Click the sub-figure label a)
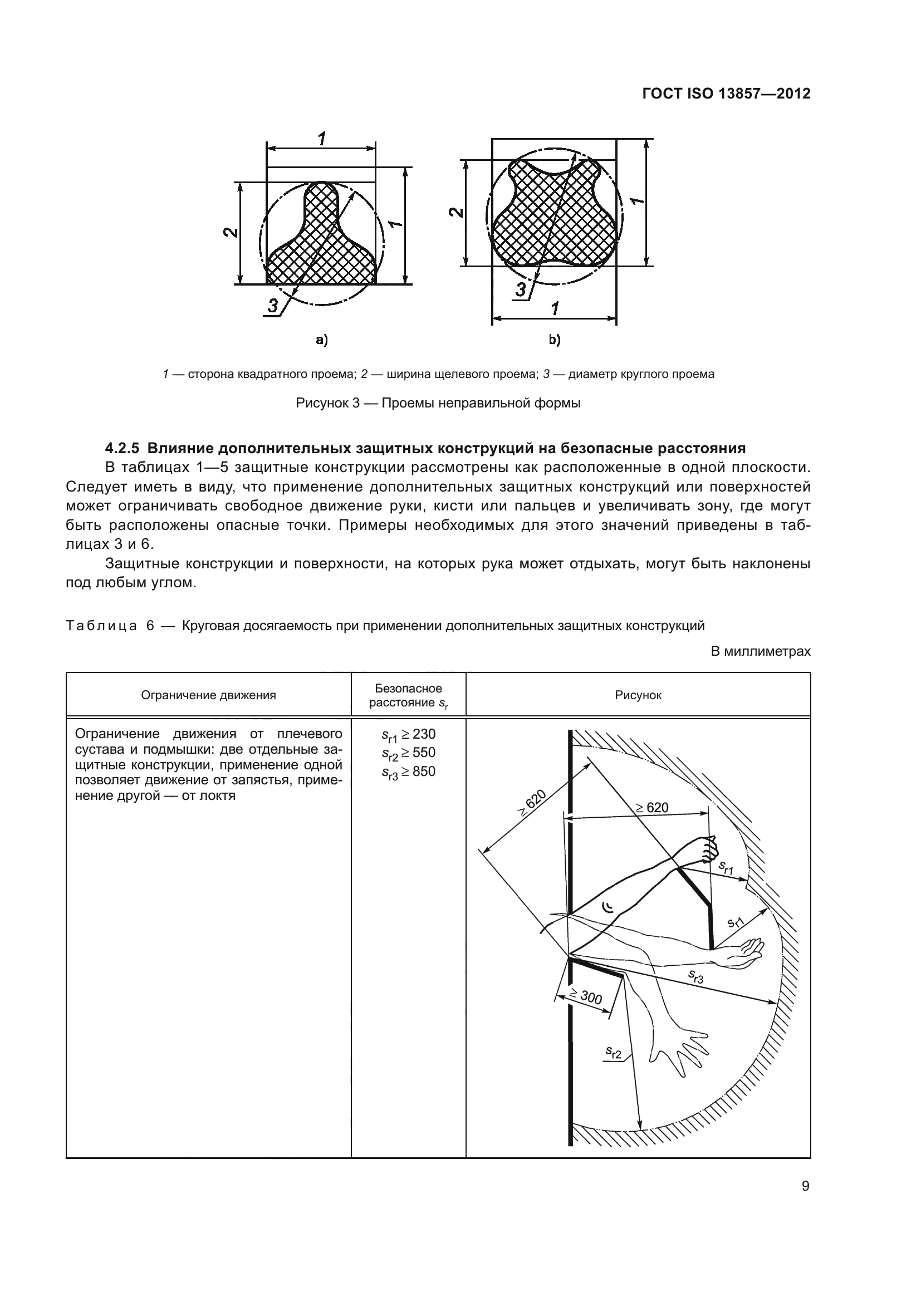tap(321, 340)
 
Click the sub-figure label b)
tap(554, 340)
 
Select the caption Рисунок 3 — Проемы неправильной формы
tap(438, 403)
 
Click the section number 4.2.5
tap(122, 448)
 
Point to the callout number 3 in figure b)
tap(520, 290)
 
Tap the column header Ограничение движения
tap(208, 695)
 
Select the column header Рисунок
tap(638, 695)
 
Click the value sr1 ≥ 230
tap(408, 735)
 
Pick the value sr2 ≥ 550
tap(408, 754)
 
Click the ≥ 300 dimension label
tap(586, 996)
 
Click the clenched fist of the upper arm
tap(709, 849)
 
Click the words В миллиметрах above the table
tap(761, 651)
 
